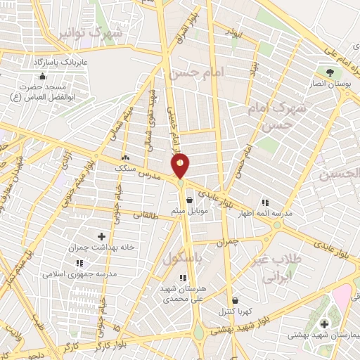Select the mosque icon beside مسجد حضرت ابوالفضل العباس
[x=43, y=76]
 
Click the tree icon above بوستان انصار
[x=329, y=72]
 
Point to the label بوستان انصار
[x=329, y=84]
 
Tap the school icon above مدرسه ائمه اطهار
[x=265, y=202]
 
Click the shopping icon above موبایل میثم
[x=190, y=200]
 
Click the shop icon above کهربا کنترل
[x=234, y=300]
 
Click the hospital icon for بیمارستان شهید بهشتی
[x=324, y=324]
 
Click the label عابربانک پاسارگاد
[x=60, y=63]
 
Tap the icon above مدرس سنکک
[x=125, y=159]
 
